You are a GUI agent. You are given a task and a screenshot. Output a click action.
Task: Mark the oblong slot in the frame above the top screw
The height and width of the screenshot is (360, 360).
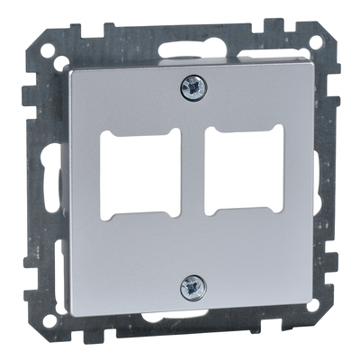pyautogui.click(x=193, y=48)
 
